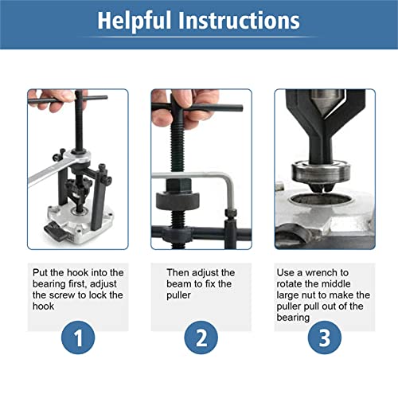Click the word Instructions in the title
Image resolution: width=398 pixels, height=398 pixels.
[240, 21]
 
